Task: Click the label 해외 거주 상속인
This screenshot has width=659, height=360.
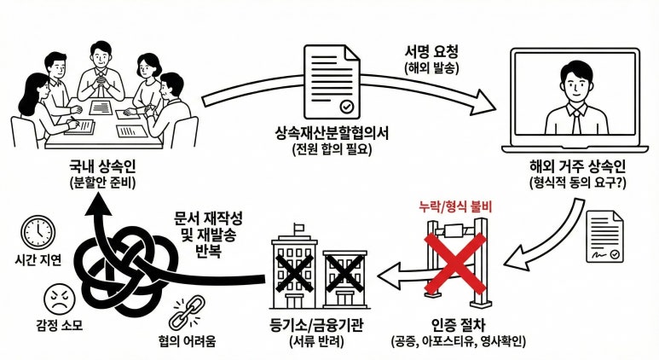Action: (571, 169)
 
